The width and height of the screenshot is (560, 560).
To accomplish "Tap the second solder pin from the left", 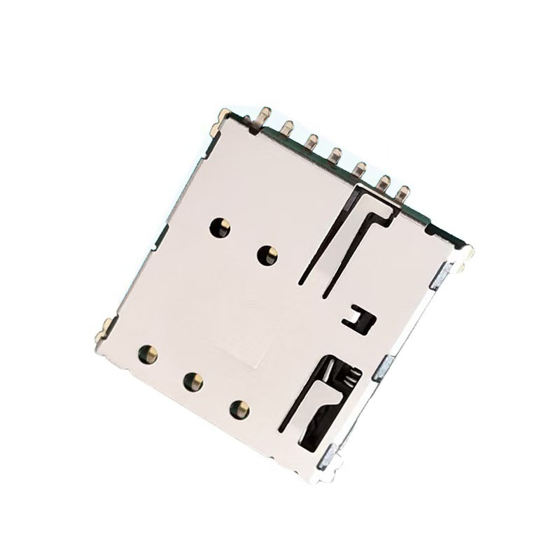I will click(x=287, y=127).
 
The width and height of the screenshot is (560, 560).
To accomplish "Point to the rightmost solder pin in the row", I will click(x=402, y=191).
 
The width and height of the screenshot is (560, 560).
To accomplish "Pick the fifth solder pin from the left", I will click(x=360, y=167).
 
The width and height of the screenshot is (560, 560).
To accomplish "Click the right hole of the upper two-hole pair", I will click(x=267, y=255).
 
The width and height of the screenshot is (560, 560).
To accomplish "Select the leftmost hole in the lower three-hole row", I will click(x=148, y=352).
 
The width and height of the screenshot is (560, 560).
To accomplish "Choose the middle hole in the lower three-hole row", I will click(x=192, y=381).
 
